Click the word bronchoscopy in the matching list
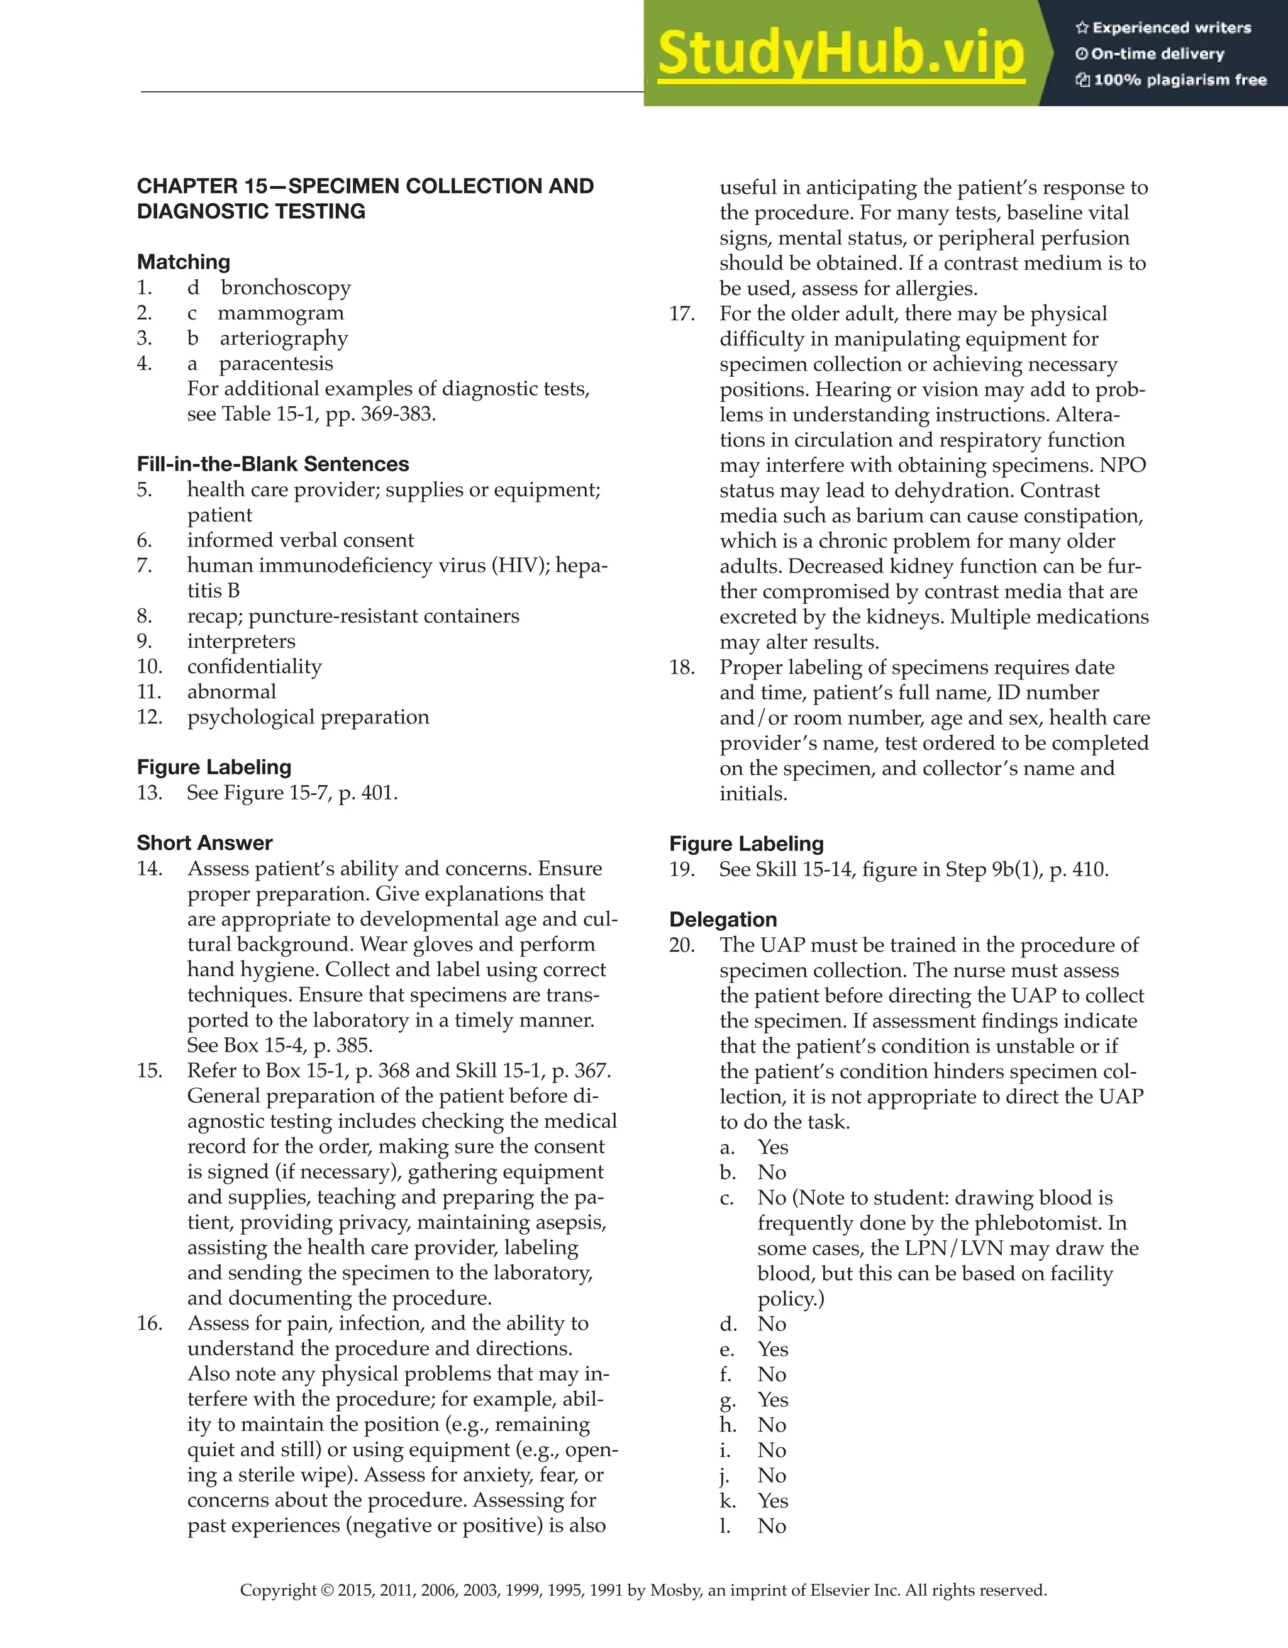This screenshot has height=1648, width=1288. [286, 287]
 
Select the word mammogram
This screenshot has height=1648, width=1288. [280, 313]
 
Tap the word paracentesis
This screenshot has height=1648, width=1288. [275, 364]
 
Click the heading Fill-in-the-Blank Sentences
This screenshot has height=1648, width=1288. [272, 464]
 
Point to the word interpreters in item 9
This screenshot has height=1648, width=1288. [241, 642]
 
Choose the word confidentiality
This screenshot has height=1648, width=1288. [254, 666]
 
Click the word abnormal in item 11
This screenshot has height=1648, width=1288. [231, 692]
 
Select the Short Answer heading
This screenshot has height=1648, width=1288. [204, 843]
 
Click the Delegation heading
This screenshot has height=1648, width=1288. [723, 919]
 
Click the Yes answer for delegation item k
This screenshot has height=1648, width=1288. [773, 1500]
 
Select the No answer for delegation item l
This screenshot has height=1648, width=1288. [772, 1526]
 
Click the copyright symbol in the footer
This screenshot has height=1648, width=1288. [326, 1591]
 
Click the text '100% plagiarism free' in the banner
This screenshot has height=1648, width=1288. [1179, 80]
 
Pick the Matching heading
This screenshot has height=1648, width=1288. [184, 262]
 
